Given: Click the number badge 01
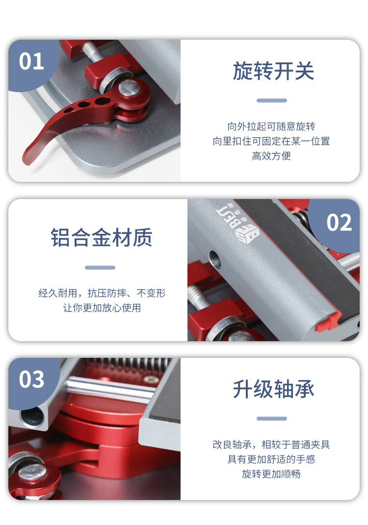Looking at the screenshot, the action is pos(31,61).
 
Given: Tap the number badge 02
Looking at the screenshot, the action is pos(339,223).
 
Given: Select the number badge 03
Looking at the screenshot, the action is pos(31,379).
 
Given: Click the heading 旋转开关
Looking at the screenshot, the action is pos(273,71).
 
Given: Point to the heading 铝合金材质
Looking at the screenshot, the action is pos(102,237).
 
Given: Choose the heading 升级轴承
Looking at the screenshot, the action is pos(273,389).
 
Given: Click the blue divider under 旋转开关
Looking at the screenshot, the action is pos(271,100).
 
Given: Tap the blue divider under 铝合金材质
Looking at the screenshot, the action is pos(100,268).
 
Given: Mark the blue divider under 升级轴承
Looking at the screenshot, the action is pos(271,419).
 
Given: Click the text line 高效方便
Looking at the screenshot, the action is pos(271,156).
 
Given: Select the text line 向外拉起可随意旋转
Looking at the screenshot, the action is pos(271,126).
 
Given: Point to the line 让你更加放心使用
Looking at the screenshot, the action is pos(102,308).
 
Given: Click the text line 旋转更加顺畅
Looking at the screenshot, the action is pos(271,474).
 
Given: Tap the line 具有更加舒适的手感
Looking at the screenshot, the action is pos(271,459).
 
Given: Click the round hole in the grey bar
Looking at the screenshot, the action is pos(215,260).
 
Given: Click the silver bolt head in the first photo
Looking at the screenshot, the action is pos(129,87).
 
